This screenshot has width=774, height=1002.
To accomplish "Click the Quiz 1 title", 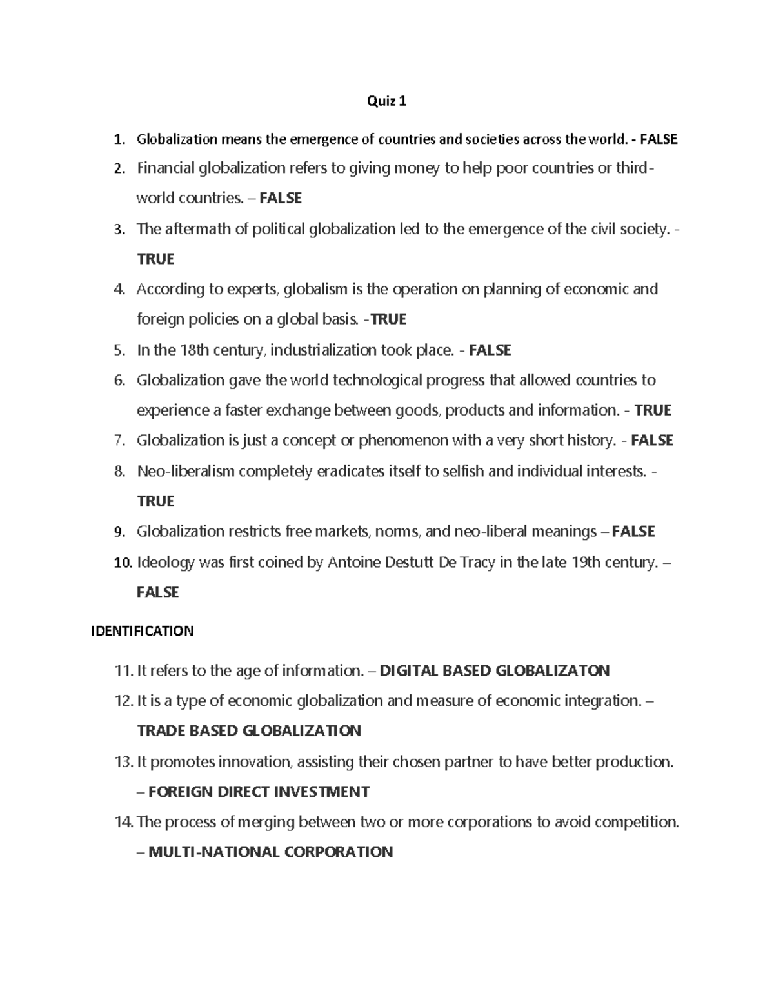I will pos(386,101).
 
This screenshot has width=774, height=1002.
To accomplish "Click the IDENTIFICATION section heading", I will pos(142,631).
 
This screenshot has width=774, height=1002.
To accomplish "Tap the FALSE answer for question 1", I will pos(659,139).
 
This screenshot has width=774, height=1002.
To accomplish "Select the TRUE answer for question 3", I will pos(155,259).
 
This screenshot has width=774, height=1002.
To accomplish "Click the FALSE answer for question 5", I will pos(490,350).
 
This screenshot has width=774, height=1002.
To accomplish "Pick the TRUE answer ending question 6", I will pos(653,410).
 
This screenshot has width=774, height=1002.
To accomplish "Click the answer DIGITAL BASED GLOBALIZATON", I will pos(494,671).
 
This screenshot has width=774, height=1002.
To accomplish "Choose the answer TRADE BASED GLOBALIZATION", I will pos(249,731).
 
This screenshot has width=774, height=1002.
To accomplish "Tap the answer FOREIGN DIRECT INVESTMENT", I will pos(259,792).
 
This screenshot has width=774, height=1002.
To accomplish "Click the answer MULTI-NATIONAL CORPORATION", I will pos(270,852).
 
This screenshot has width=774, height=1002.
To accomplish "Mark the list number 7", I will pos(119,441).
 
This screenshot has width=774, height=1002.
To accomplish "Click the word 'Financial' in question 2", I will pos(166,169).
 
